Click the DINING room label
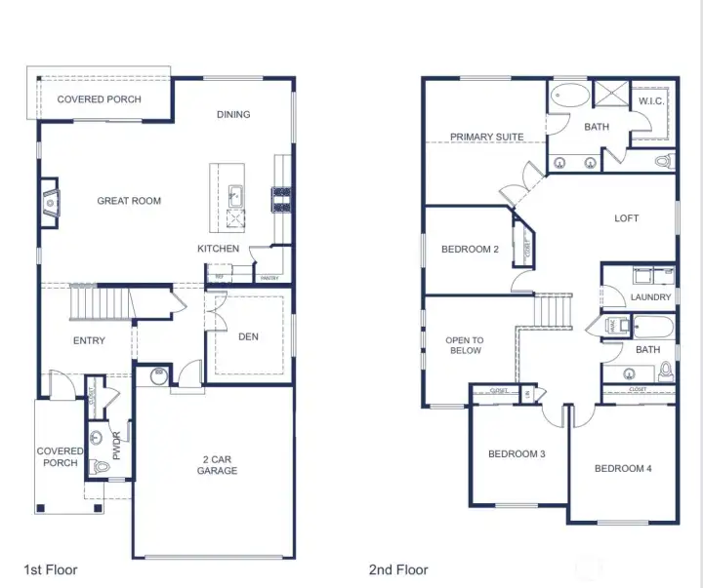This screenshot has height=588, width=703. [233, 114]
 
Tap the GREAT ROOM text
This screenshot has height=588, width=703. [129, 201]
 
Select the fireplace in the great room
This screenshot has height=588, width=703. [50, 202]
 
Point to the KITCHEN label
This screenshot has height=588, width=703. [218, 249]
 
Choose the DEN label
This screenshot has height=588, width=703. [248, 337]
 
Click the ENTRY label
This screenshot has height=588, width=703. [89, 340]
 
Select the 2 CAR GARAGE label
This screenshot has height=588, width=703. [217, 464]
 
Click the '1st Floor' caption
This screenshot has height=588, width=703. [51, 569]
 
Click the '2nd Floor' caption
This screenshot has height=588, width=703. [398, 569]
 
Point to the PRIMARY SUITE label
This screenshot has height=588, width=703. [486, 137]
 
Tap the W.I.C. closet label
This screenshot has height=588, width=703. [651, 101]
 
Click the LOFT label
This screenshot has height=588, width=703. [626, 218]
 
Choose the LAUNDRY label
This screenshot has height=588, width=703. [650, 297]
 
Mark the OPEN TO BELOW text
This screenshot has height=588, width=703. [465, 345]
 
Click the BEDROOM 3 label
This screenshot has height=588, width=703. [517, 454]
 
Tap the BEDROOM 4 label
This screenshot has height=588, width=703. [623, 469]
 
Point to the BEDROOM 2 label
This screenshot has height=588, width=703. [470, 250]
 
